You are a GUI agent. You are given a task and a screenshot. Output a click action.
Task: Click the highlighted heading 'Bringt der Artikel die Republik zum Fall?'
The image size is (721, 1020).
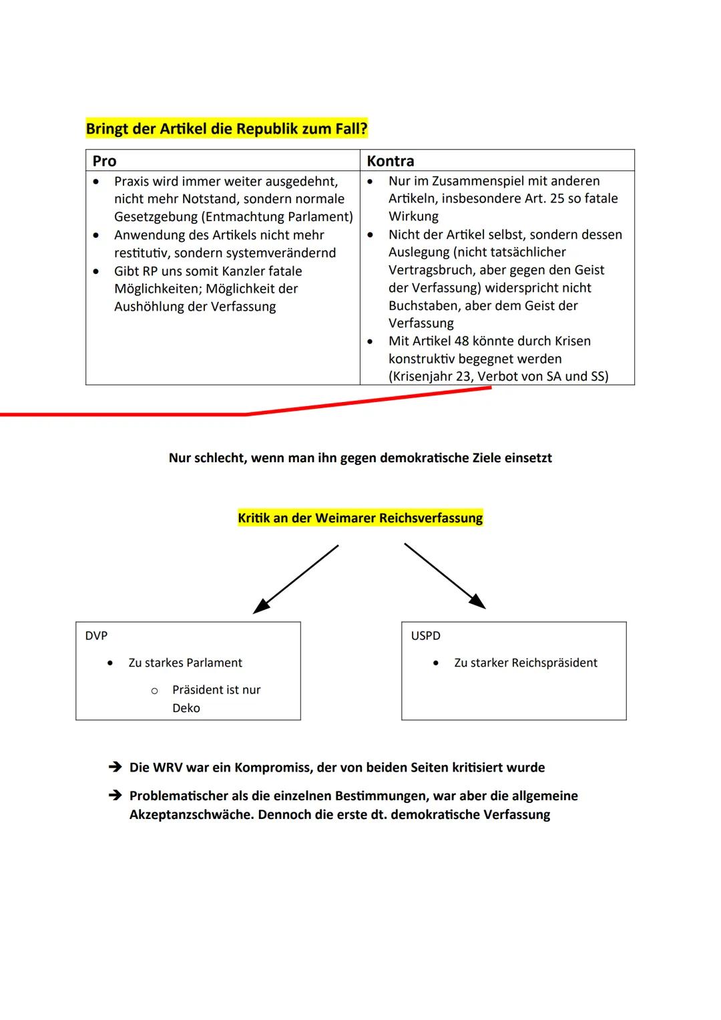pos(226,128)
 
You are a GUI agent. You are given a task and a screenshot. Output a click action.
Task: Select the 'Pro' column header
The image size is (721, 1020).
pos(104,161)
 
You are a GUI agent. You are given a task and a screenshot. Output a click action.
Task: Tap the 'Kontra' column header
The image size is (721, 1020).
pos(390,161)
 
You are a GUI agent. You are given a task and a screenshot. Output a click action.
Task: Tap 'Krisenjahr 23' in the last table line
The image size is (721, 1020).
pos(431,376)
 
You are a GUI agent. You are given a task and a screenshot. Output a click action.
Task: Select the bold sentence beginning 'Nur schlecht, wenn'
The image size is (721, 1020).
pos(360,458)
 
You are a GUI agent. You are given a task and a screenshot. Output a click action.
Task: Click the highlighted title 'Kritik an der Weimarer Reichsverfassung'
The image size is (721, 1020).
pos(360,518)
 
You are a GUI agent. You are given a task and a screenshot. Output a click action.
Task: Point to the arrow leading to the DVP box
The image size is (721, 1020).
pos(296,578)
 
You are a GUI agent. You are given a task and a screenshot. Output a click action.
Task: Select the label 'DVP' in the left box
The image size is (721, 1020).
pos(96,636)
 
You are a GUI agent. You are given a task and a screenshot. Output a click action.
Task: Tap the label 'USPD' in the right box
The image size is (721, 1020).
pos(425,636)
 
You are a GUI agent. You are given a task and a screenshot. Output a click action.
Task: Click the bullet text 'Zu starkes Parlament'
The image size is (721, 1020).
pos(185,663)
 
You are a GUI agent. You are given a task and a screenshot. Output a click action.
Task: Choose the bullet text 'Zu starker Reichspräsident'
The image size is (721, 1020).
pos(525,663)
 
